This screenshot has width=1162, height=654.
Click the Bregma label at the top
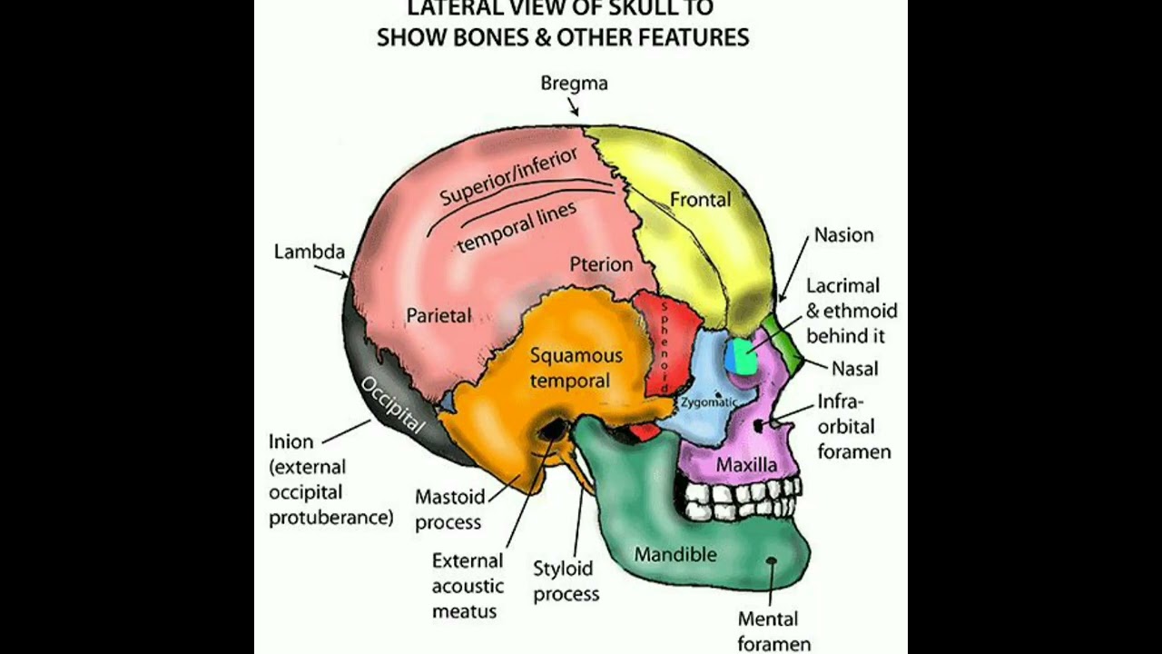tap(574, 84)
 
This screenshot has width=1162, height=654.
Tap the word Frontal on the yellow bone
tap(700, 199)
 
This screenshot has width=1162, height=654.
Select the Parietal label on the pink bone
tap(438, 316)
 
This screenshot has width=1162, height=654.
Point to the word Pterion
tap(601, 264)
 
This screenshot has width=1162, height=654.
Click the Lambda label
tap(309, 252)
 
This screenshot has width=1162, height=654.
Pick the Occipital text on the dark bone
tap(392, 404)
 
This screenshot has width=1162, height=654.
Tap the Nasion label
tap(843, 235)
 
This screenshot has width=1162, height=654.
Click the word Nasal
tap(854, 369)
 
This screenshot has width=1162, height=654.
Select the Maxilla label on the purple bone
tap(746, 465)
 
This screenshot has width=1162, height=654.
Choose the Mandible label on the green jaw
tap(675, 554)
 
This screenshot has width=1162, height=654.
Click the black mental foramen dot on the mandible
tap(772, 561)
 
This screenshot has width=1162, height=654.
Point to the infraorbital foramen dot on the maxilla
tap(759, 424)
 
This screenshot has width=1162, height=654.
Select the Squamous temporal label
tap(576, 368)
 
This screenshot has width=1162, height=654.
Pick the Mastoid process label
tap(448, 510)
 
